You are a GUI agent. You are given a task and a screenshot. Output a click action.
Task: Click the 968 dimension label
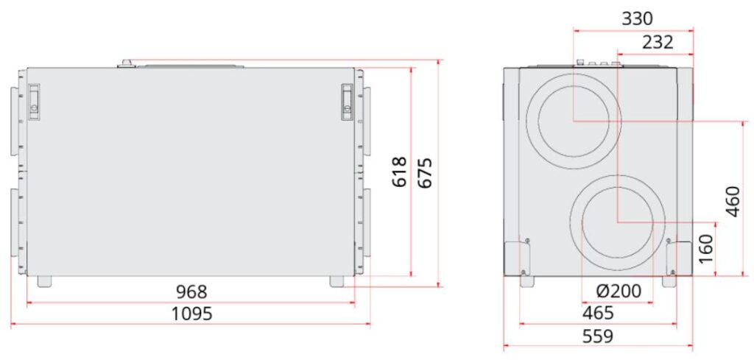click(x=191, y=292)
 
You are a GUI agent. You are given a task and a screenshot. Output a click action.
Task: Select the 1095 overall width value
click(x=192, y=314)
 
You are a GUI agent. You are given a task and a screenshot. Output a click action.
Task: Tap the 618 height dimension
click(x=399, y=172)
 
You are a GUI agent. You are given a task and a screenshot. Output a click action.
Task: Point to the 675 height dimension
click(x=425, y=172)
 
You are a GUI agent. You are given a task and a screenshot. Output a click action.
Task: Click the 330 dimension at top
click(x=637, y=18)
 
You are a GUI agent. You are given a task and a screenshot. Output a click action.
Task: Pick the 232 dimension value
click(x=657, y=42)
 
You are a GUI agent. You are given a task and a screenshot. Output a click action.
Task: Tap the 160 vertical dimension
click(x=705, y=249)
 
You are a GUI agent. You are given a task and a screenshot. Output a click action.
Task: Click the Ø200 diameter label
click(x=618, y=291)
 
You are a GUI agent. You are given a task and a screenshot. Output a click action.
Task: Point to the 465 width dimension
click(x=598, y=313)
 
